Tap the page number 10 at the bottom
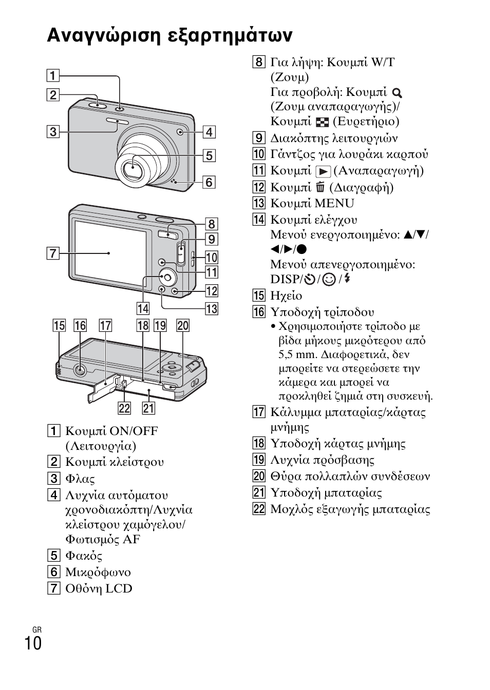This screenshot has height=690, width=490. pyautogui.click(x=33, y=643)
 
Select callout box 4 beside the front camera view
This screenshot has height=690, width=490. pyautogui.click(x=209, y=132)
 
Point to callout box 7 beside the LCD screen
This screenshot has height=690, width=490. pyautogui.click(x=52, y=253)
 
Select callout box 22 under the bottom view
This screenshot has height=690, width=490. pyautogui.click(x=124, y=408)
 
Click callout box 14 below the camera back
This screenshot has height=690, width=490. pyautogui.click(x=143, y=308)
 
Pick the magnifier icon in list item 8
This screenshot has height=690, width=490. pyautogui.click(x=397, y=93)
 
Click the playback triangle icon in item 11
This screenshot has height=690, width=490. pyautogui.click(x=323, y=171)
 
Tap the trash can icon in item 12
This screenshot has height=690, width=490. pyautogui.click(x=321, y=187)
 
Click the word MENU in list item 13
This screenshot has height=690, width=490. pyautogui.click(x=334, y=204)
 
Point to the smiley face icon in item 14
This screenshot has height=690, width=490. pyautogui.click(x=329, y=280)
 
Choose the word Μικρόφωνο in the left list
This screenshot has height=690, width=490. pyautogui.click(x=98, y=572)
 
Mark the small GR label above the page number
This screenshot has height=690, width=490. pyautogui.click(x=36, y=629)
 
